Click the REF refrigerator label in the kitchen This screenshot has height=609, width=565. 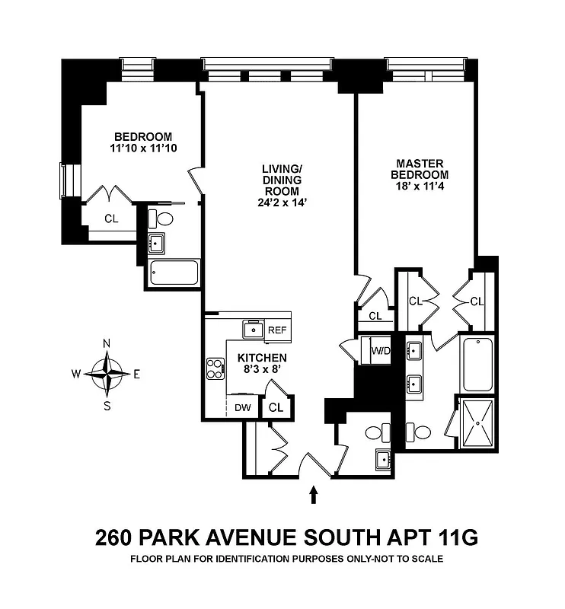277,330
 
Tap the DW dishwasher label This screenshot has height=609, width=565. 243,408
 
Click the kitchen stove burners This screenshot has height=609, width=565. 215,368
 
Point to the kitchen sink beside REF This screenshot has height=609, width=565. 252,329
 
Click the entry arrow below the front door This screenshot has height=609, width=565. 313,496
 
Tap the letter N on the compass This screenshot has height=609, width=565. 107,343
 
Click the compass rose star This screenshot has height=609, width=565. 107,373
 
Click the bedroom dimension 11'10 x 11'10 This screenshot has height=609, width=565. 144,148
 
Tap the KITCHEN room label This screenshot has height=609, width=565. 262,358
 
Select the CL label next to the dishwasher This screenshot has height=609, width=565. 276,408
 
